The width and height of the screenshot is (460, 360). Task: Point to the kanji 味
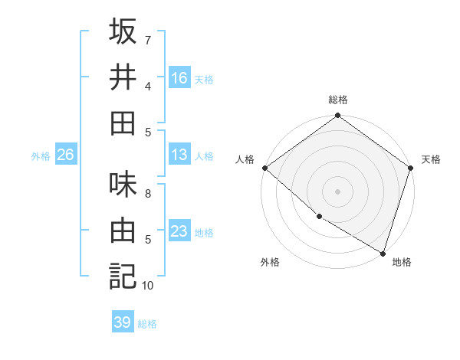point(123,185)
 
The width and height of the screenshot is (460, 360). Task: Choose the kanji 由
point(123,230)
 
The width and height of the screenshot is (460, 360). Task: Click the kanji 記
point(123,276)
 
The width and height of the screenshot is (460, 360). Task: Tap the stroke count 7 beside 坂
point(148,40)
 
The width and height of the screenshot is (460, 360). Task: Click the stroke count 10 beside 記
point(148,286)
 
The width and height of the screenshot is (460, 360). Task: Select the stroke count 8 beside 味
point(148,194)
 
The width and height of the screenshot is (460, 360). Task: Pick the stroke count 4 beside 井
point(148,86)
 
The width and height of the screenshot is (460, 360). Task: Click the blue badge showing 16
point(179,77)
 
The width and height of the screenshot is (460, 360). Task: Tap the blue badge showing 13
point(179,155)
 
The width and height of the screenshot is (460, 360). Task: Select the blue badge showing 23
point(179,231)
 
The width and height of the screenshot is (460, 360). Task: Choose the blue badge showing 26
point(66,155)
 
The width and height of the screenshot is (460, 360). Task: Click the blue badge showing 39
point(123,322)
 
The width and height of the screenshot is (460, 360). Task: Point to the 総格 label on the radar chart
point(338,100)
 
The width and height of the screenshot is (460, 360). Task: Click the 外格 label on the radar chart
point(270,263)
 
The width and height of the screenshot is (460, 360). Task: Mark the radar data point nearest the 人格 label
point(264,168)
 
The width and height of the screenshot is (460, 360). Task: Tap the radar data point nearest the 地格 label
point(383,253)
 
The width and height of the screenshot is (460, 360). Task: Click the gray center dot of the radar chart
point(338,191)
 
